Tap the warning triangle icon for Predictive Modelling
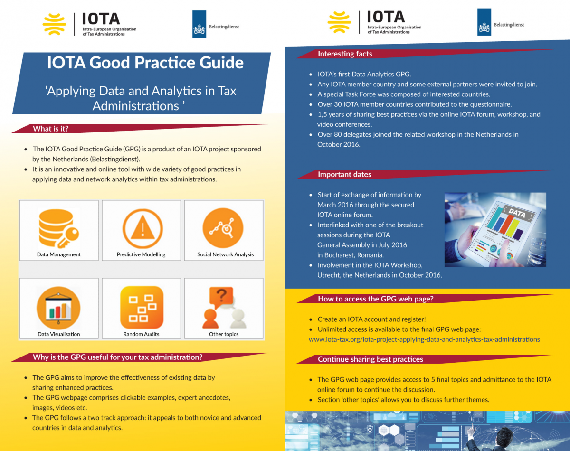141,228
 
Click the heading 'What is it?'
51,129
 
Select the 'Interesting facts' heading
345,54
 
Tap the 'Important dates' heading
344,175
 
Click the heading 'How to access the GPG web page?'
375,299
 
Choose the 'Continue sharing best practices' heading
370,359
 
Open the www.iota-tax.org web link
424,339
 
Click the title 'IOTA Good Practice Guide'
145,63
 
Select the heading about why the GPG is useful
118,357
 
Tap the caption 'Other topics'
224,334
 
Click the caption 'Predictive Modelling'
141,254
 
